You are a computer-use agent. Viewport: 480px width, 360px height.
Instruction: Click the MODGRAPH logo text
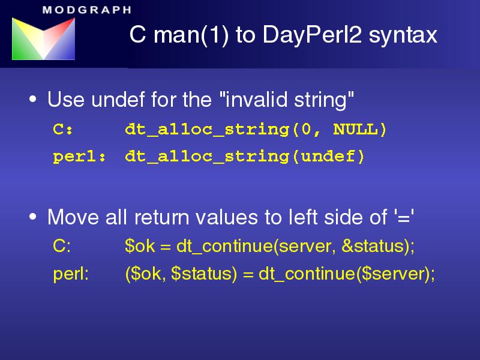click(x=87, y=10)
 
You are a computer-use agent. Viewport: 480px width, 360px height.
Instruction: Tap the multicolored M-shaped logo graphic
click(x=43, y=38)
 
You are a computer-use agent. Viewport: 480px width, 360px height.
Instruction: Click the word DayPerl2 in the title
click(x=312, y=35)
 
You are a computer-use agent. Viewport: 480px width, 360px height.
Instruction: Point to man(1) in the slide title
click(x=191, y=35)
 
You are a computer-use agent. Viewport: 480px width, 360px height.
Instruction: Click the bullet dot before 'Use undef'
click(x=33, y=99)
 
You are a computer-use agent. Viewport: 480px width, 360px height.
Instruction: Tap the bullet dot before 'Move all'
click(x=33, y=217)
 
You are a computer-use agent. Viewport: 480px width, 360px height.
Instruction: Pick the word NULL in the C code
click(x=355, y=129)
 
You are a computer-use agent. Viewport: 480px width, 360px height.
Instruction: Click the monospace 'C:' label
click(x=63, y=129)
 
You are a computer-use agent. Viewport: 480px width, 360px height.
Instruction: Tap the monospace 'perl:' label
click(x=80, y=157)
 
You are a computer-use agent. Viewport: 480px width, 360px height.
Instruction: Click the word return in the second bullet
click(x=161, y=217)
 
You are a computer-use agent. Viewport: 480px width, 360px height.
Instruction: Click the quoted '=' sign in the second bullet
click(x=404, y=217)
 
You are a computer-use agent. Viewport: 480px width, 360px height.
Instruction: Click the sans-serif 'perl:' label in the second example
click(x=71, y=274)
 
